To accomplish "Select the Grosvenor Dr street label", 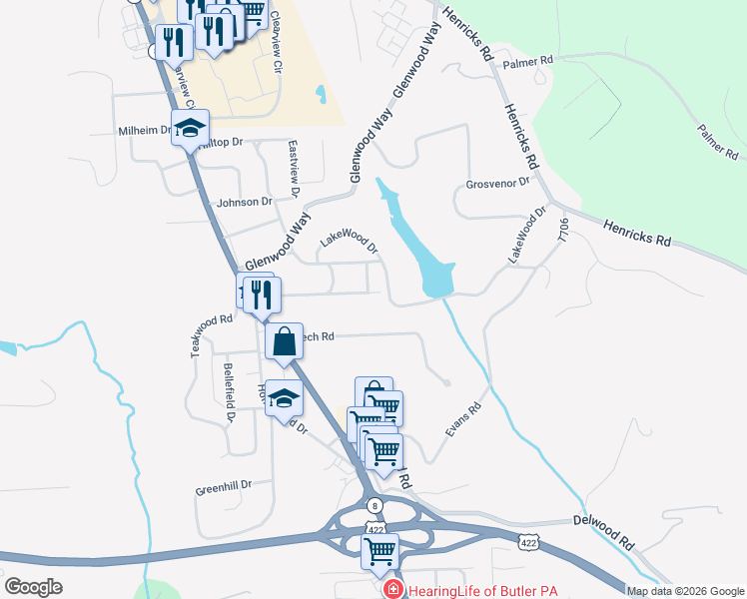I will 496,185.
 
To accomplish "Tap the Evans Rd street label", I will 463,418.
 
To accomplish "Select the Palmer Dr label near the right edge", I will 719,142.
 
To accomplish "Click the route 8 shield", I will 374,505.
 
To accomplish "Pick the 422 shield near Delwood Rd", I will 528,540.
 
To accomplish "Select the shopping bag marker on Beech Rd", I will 285,341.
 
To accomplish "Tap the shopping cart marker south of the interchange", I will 379,550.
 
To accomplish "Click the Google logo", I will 33,587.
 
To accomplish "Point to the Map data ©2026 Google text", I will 685,591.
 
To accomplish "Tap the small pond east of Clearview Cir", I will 320,95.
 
